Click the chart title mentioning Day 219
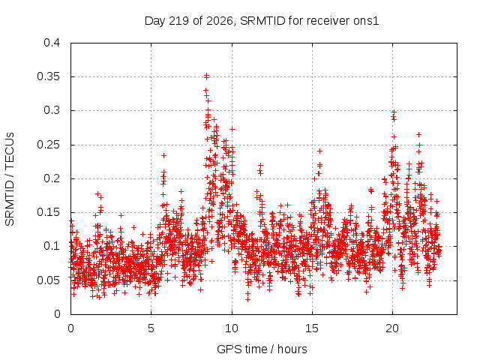pyautogui.click(x=262, y=21)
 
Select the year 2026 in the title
pyautogui.click(x=220, y=21)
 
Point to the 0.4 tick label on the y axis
pyautogui.click(x=52, y=43)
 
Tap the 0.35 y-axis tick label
pyautogui.click(x=48, y=76)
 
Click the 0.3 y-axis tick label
pyautogui.click(x=52, y=110)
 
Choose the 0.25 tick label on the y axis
pyautogui.click(x=48, y=145)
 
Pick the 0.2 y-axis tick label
pyautogui.click(x=52, y=178)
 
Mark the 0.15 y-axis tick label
pyautogui.click(x=48, y=212)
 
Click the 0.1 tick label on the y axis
pyautogui.click(x=52, y=246)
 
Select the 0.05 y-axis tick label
pyautogui.click(x=48, y=280)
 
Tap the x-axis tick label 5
pyautogui.click(x=151, y=328)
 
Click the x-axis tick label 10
pyautogui.click(x=232, y=328)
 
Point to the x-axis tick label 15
pyautogui.click(x=312, y=328)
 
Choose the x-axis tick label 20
pyautogui.click(x=392, y=328)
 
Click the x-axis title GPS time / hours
pyautogui.click(x=262, y=349)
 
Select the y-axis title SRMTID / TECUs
pyautogui.click(x=10, y=179)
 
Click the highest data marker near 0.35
pyautogui.click(x=207, y=75)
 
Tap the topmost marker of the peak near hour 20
pyautogui.click(x=394, y=112)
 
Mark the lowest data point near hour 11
pyautogui.click(x=247, y=300)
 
